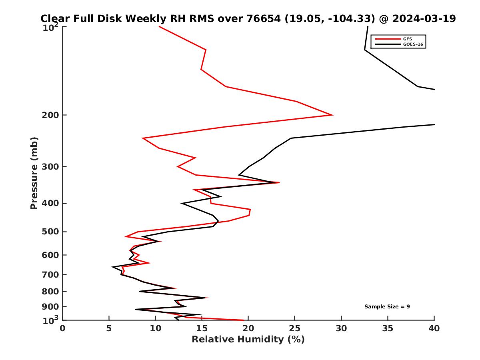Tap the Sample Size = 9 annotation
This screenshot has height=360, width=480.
tap(387, 307)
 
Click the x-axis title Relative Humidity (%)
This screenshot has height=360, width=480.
tap(248, 340)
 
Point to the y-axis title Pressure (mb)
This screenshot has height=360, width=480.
tap(34, 173)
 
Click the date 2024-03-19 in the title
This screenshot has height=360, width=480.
tap(424, 19)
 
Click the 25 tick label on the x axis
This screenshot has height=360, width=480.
tap(295, 329)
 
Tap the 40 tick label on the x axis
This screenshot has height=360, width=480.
tap(434, 329)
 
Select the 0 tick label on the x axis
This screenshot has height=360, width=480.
tap(63, 329)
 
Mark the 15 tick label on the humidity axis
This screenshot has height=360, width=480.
tap(202, 329)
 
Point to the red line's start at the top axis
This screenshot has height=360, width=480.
tap(159, 27)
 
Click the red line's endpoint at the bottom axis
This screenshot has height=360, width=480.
tap(244, 320)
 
